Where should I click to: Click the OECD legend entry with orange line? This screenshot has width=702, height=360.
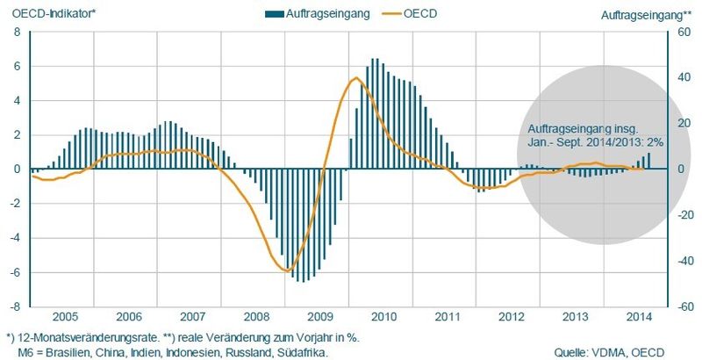coord(412,15)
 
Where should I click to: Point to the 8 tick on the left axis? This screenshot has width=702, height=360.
coord(16,32)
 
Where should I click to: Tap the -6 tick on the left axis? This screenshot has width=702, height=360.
coord(14,273)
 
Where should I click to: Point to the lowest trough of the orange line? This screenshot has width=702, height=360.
coord(288,270)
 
